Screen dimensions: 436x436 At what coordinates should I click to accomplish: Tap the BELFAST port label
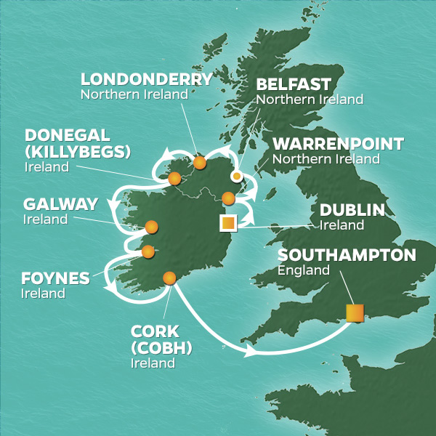pyautogui.click(x=294, y=84)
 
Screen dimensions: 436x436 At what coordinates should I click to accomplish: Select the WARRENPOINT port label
pyautogui.click(x=339, y=144)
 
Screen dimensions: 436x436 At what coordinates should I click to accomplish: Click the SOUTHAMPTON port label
pyautogui.click(x=347, y=256)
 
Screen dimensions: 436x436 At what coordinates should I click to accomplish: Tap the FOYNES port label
pyautogui.click(x=55, y=279)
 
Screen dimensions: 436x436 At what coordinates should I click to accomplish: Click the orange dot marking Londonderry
pyautogui.click(x=200, y=163)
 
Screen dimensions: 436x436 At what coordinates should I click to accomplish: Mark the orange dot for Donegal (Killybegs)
pyautogui.click(x=174, y=179)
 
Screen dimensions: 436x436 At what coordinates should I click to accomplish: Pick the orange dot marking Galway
pyautogui.click(x=151, y=227)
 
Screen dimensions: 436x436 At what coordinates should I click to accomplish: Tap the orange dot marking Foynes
pyautogui.click(x=148, y=252)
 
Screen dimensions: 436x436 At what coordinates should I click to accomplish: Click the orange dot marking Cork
pyautogui.click(x=169, y=277)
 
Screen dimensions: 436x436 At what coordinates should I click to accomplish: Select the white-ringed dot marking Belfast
pyautogui.click(x=236, y=176)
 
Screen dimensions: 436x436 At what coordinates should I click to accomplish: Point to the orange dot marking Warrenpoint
pyautogui.click(x=228, y=198)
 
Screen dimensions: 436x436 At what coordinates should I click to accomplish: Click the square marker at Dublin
pyautogui.click(x=228, y=223)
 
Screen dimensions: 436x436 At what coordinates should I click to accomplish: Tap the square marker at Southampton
pyautogui.click(x=355, y=312)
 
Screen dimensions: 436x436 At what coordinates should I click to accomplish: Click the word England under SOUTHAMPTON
pyautogui.click(x=301, y=271)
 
